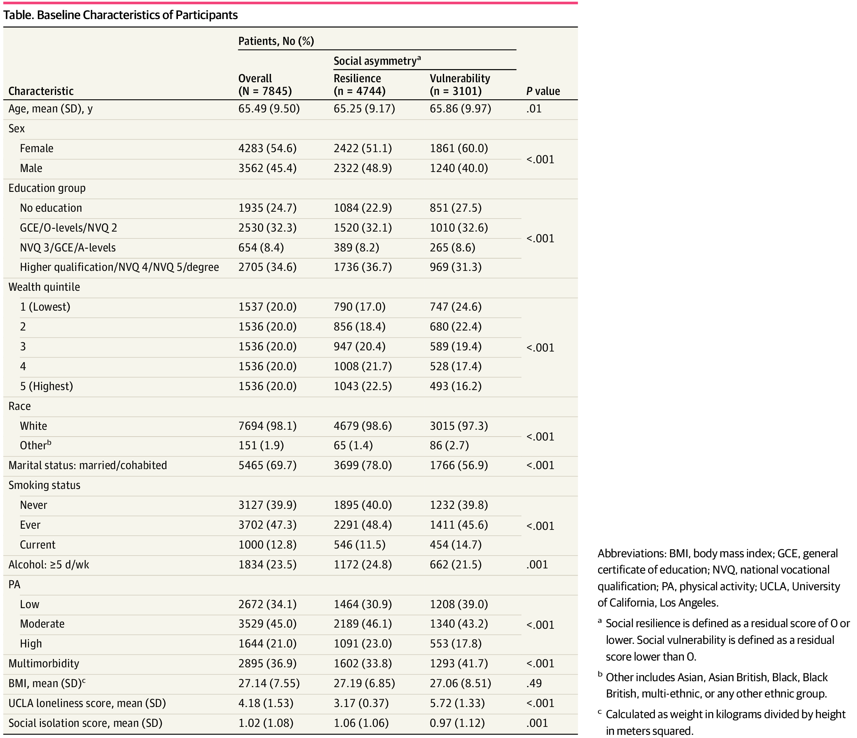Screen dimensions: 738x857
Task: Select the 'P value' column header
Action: [542, 91]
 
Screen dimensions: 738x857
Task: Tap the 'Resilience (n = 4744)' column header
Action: [359, 85]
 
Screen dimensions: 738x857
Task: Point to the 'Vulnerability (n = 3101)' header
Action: [459, 85]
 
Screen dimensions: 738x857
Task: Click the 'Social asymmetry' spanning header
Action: [377, 61]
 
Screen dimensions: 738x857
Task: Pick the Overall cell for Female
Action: [267, 149]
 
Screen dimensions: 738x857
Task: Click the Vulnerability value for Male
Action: [459, 168]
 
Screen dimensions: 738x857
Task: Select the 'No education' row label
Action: [51, 208]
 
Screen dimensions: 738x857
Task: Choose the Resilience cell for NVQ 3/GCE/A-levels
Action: [356, 248]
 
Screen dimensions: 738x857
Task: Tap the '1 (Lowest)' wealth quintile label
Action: [45, 307]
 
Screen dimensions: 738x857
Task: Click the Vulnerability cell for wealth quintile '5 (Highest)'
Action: [456, 386]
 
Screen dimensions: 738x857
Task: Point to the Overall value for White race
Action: [267, 426]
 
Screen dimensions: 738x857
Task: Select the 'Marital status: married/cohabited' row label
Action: [88, 466]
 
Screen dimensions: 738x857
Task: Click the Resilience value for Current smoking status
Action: [359, 545]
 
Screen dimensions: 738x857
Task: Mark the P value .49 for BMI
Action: [534, 684]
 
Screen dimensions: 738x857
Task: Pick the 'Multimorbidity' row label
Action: [44, 664]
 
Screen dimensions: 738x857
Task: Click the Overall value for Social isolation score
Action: [266, 723]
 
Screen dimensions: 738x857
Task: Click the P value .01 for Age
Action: [534, 109]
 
